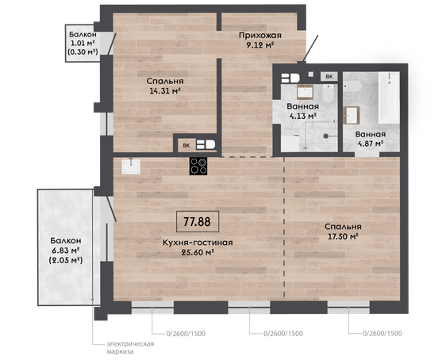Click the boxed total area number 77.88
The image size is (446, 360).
click(198, 221)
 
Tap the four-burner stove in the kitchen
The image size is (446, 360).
click(198, 166)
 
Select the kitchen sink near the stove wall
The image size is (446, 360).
click(131, 167)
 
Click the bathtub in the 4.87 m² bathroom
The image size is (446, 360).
click(389, 98)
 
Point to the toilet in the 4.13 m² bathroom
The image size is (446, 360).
click(329, 94)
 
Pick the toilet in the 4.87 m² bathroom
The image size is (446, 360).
click(352, 86)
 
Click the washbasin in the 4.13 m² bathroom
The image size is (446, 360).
click(306, 92)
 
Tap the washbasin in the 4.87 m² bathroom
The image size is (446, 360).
click(352, 115)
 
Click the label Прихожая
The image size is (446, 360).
click(260, 35)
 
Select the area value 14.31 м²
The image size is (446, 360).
click(165, 91)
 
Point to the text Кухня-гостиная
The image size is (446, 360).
click(198, 243)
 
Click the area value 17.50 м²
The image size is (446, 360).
click(343, 236)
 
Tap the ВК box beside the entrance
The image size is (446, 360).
click(329, 76)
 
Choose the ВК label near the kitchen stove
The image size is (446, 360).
click(186, 145)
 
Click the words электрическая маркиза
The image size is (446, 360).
click(130, 348)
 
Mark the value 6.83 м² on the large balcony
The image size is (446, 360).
click(65, 251)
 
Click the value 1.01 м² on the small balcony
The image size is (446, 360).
click(83, 44)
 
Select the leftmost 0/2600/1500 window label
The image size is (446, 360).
click(186, 334)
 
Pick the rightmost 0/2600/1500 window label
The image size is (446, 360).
click(383, 333)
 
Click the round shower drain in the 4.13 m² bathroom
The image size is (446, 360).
click(326, 136)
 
